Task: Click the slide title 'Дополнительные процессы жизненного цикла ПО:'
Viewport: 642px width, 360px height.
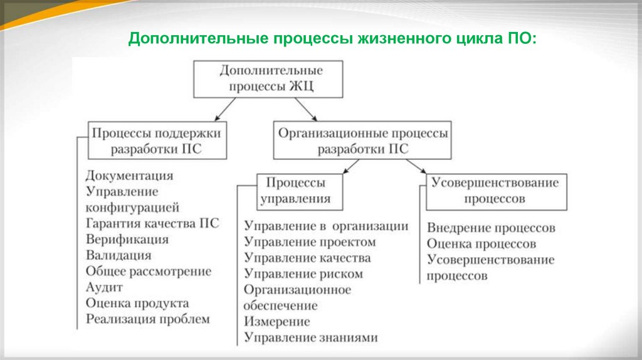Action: [332, 39]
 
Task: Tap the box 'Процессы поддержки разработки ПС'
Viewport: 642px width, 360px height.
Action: [157, 140]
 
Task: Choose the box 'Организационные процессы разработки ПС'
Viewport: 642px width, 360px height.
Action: [362, 140]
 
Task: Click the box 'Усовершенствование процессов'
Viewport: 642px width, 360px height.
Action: [495, 191]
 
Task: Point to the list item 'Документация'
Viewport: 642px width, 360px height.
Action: [130, 176]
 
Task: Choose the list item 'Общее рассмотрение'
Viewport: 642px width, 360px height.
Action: [149, 272]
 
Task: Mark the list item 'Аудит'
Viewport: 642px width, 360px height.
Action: [104, 288]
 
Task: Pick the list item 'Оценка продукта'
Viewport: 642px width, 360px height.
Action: [137, 304]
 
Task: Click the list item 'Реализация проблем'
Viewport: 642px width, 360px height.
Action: [148, 320]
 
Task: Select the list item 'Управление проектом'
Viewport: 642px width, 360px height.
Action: [310, 241]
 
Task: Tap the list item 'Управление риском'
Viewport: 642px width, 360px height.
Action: [304, 274]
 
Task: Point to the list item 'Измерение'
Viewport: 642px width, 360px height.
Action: [277, 322]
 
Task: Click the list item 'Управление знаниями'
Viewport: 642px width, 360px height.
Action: [312, 338]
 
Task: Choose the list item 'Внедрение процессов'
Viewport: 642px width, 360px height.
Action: [492, 228]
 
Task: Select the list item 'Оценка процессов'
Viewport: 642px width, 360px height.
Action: [481, 244]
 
